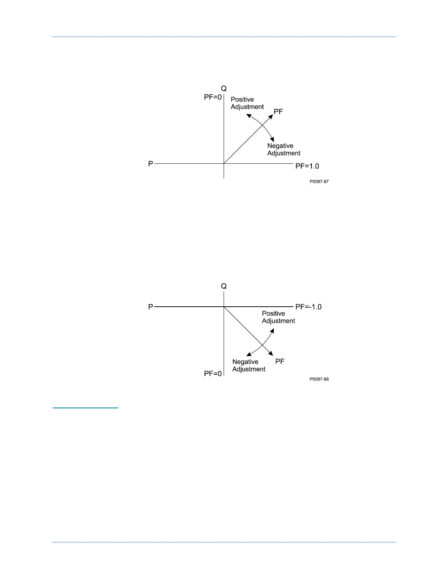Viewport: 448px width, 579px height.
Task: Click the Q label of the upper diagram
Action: [224, 88]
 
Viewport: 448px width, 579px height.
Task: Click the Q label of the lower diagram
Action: [224, 286]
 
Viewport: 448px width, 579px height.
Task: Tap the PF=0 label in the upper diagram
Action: [213, 97]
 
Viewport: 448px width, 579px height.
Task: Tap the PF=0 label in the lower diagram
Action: [213, 374]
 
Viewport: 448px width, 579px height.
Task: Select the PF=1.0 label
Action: [307, 166]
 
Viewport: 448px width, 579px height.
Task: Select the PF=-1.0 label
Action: [308, 307]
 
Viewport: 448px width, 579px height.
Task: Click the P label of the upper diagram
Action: [150, 164]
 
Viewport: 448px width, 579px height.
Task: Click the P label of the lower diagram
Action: [150, 307]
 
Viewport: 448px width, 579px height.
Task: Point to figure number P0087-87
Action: [319, 182]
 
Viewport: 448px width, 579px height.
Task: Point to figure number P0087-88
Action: [319, 379]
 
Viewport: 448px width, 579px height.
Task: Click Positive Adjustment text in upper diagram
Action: [247, 103]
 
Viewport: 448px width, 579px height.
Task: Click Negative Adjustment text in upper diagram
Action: [284, 150]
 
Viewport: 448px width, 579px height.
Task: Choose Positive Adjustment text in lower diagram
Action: [278, 317]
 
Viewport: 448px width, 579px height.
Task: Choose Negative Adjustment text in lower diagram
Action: [249, 366]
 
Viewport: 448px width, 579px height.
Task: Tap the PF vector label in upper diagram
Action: [278, 112]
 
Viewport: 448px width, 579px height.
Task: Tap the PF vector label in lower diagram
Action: [280, 362]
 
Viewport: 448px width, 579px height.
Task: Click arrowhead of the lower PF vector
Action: [271, 353]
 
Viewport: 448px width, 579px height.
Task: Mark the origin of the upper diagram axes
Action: [224, 164]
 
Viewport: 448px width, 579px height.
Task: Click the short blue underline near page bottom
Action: [85, 408]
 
